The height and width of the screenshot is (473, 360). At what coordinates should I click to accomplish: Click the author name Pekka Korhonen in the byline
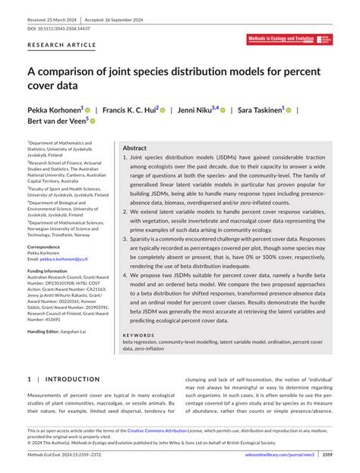click(x=55, y=110)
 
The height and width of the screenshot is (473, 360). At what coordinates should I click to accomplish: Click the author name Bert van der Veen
click(x=56, y=121)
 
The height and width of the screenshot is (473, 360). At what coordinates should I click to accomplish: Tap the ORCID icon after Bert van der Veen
click(x=93, y=121)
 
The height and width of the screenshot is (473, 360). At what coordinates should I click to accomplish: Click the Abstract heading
click(x=134, y=149)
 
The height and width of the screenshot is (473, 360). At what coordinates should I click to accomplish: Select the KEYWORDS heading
click(x=138, y=335)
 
